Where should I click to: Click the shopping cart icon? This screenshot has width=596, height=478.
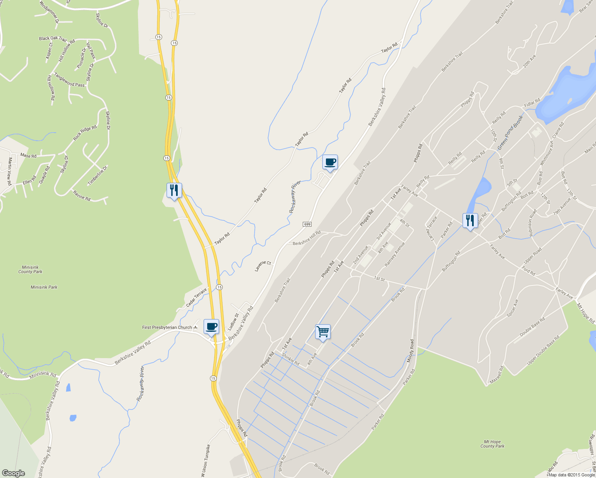pos(323,331)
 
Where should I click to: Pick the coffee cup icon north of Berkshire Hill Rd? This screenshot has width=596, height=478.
pos(329,162)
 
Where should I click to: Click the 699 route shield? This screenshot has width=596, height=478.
pos(307,224)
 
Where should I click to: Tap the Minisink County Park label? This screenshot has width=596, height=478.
pos(30,269)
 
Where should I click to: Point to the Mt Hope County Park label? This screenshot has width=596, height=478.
pos(492,444)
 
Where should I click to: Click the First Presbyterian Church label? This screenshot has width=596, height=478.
pos(167,327)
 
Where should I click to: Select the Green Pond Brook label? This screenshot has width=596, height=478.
pos(510,133)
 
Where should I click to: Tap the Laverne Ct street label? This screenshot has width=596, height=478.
pos(263,266)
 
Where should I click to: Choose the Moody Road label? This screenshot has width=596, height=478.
pos(410,351)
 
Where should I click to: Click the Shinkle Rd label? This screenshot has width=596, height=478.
pos(290,359)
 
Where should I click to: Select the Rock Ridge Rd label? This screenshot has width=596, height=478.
pos(85,133)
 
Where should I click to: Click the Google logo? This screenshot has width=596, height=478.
pos(13,473)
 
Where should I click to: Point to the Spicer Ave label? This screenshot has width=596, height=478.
pos(512,308)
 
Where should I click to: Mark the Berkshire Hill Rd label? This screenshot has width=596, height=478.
pos(307,238)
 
